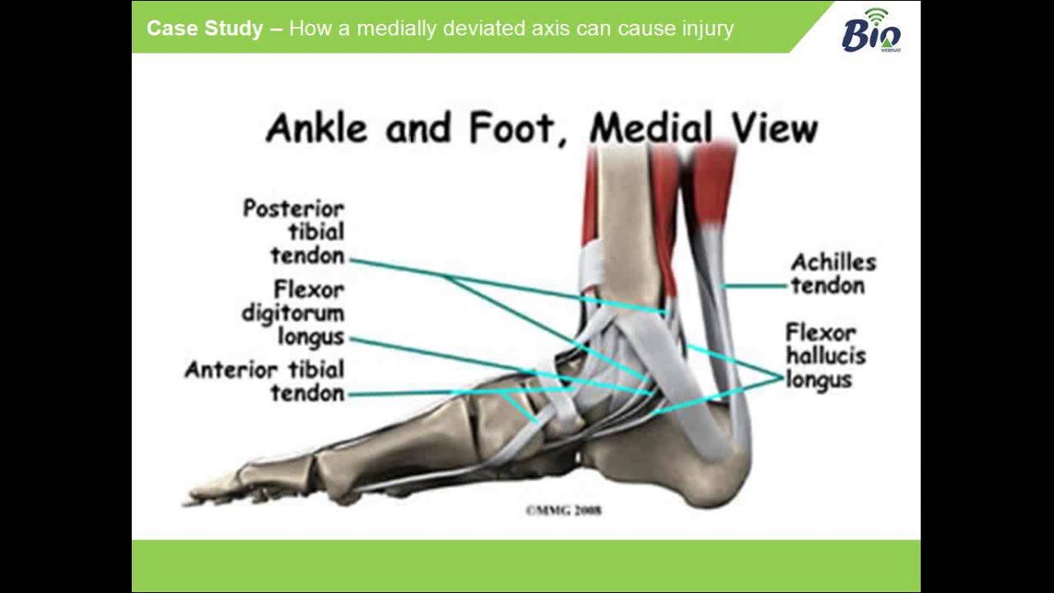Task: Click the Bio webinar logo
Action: [871, 30]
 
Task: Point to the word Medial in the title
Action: [650, 128]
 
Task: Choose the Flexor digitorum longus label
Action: [294, 314]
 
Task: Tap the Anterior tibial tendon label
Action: [265, 381]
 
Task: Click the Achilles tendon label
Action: [832, 274]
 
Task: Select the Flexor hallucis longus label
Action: [824, 357]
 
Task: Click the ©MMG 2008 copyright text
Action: [563, 511]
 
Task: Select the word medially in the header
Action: [390, 29]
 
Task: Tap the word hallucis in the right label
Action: [824, 357]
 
